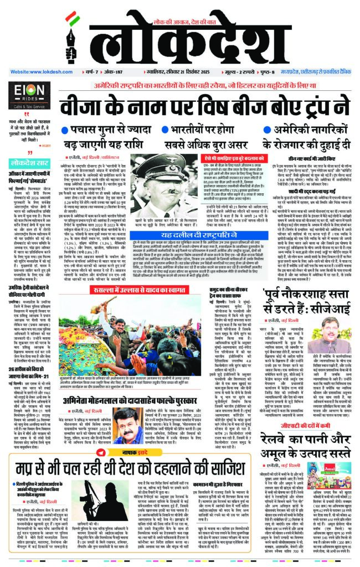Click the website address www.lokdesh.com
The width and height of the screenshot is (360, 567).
tap(37, 72)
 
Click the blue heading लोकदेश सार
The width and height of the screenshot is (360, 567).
tap(32, 163)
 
